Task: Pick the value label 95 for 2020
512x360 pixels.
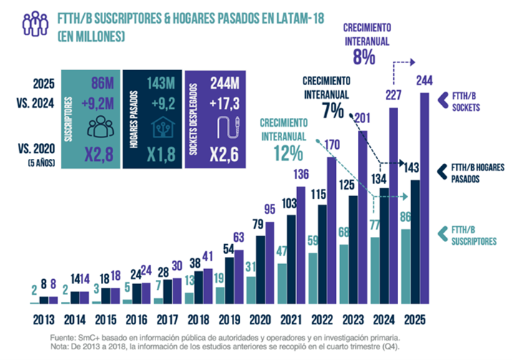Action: [270, 209]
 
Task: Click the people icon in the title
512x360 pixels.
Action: [35, 23]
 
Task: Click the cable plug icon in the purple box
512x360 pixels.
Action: [231, 127]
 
